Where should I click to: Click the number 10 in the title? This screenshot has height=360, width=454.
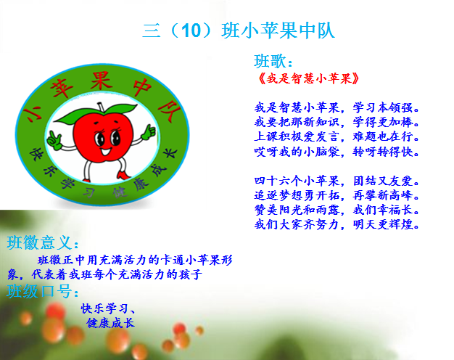tap(191, 30)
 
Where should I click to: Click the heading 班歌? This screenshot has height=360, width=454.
tap(273, 61)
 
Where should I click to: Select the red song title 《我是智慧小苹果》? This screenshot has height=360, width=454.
tap(308, 78)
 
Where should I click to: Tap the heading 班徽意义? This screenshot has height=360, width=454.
tap(42, 242)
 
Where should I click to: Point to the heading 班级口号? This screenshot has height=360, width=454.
tap(42, 291)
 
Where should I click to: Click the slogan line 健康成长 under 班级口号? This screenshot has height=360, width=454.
tap(111, 323)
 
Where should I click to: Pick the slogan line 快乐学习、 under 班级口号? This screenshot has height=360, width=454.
tap(108, 308)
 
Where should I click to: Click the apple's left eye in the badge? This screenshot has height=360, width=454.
tap(100, 139)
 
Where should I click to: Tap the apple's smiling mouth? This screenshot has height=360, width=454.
tap(106, 151)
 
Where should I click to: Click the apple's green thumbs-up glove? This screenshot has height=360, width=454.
tap(148, 134)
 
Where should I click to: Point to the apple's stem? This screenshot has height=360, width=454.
tap(101, 106)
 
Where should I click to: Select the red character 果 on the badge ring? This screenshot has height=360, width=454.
tap(101, 81)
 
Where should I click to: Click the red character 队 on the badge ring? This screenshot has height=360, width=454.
tap(169, 111)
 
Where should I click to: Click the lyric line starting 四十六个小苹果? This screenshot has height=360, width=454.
tap(337, 181)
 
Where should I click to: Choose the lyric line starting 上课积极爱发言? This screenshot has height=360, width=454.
tap(337, 136)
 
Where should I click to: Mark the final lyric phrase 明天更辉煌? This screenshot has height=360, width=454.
tap(386, 224)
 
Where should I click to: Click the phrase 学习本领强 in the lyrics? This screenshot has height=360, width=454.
tap(386, 107)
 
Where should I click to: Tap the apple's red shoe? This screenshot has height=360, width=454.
tap(123, 175)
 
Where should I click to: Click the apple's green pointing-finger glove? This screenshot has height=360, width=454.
tap(54, 140)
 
